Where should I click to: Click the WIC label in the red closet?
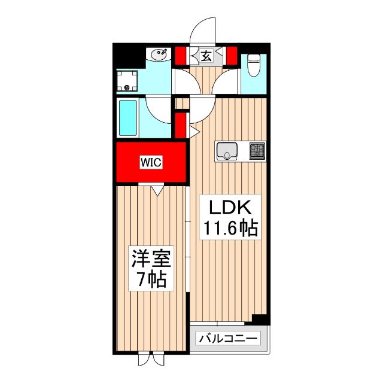(x=151, y=161)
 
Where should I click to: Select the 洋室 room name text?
(x=151, y=261)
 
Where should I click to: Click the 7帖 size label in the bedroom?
(x=151, y=279)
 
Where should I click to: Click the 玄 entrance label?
(x=205, y=57)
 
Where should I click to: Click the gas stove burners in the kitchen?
(x=257, y=150)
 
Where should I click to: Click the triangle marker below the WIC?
(x=157, y=191)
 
